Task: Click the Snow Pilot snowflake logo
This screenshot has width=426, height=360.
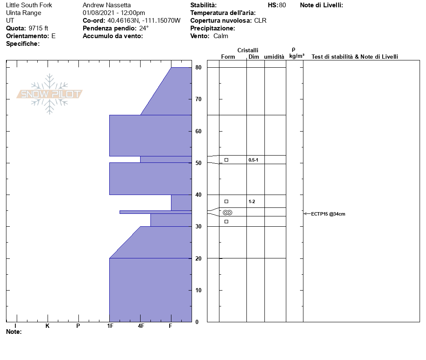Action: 49,94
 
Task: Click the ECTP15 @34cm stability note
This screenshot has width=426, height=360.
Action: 328,214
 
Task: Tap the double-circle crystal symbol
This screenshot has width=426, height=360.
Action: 228,213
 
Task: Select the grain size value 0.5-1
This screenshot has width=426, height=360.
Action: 253,160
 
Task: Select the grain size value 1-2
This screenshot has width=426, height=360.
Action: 252,201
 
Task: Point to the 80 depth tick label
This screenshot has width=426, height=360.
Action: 198,67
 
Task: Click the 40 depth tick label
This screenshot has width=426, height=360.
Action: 198,195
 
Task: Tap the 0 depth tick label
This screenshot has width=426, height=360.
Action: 197,322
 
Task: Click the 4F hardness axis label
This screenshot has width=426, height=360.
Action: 141,326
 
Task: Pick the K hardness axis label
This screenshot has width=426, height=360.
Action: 47,326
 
